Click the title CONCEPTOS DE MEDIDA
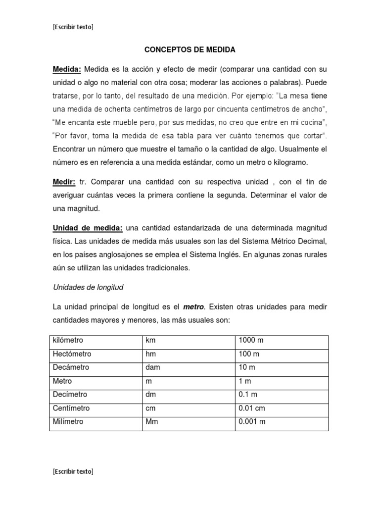[x=190, y=50]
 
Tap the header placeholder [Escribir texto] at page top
[x=73, y=27]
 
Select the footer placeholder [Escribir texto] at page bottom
[x=73, y=471]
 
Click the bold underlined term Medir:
[x=64, y=182]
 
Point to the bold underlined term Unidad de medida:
[x=88, y=228]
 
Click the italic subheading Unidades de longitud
[x=88, y=287]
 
